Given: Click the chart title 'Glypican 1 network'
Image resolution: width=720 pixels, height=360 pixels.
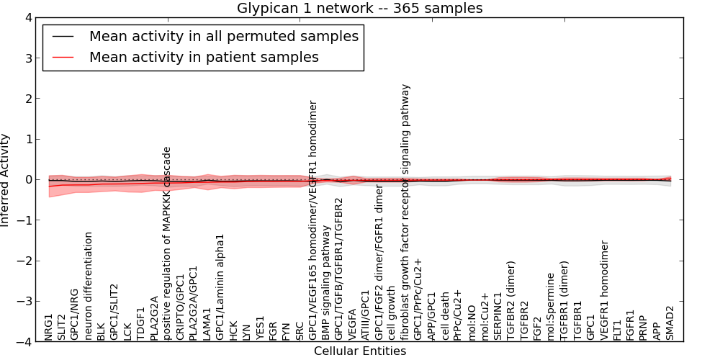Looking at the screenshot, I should [360, 9].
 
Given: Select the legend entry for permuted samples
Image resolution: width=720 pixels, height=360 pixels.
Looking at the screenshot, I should [223, 36].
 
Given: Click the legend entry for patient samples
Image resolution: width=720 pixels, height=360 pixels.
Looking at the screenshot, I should [204, 58].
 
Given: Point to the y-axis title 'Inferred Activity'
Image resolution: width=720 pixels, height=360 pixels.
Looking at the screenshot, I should [6, 180].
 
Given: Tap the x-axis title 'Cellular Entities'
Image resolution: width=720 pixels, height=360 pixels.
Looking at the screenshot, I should [360, 351].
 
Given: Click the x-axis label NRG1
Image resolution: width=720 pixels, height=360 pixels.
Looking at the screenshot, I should [49, 327].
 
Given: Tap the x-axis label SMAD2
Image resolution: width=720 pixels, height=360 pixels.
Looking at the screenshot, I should [670, 323].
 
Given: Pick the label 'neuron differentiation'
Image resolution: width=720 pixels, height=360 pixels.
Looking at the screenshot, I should [89, 286].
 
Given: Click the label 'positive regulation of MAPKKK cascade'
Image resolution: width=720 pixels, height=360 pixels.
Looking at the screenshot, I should [167, 243].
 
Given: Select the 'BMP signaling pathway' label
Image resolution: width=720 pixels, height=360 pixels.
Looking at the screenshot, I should [326, 282].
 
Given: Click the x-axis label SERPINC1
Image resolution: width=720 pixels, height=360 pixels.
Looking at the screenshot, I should [498, 316].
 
